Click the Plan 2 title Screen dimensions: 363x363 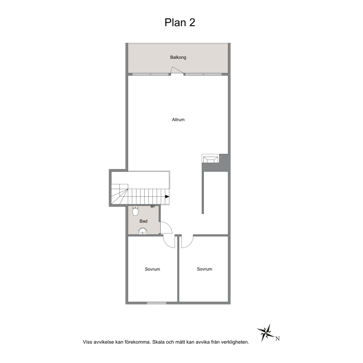(x=180, y=22)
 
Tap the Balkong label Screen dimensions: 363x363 (x=178, y=57)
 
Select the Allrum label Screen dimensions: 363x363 (x=178, y=120)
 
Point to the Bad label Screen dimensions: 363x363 (x=143, y=221)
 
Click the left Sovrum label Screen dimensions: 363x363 (x=152, y=269)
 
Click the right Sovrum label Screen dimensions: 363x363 (x=205, y=269)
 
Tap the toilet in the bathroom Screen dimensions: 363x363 (x=135, y=211)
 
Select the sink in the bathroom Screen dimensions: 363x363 (x=143, y=231)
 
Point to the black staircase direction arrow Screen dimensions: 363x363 (x=167, y=197)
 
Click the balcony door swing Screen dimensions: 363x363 (x=177, y=70)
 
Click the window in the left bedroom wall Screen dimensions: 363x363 (x=157, y=303)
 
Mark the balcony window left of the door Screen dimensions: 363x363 (x=151, y=74)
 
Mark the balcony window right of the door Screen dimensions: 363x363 (x=203, y=74)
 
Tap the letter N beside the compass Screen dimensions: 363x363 (x=277, y=339)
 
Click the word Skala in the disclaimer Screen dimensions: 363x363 (x=158, y=342)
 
